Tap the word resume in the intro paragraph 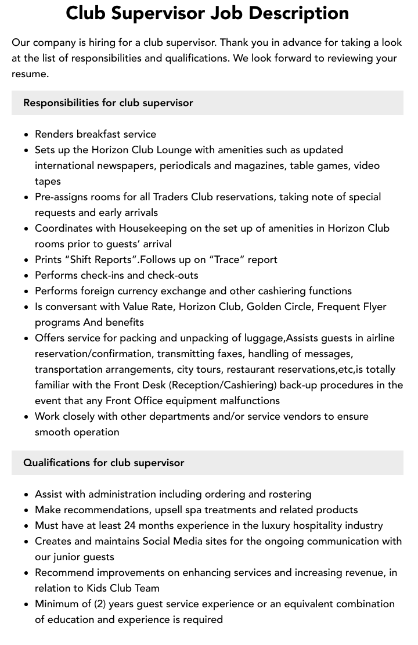[x=30, y=74]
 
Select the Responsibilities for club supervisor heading [x=108, y=103]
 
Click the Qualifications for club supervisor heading [x=103, y=463]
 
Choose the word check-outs [x=173, y=275]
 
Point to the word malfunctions [x=250, y=401]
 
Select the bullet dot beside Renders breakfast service [x=27, y=135]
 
